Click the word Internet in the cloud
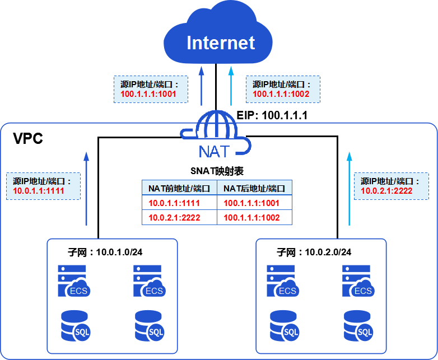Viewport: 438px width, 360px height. coord(221,43)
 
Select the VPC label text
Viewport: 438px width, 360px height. coord(27,139)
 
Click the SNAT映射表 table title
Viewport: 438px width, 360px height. coord(217,171)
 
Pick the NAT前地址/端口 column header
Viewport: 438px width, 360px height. coord(179,189)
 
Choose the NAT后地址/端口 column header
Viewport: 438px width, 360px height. coord(254,189)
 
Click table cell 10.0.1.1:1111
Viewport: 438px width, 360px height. coord(174,203)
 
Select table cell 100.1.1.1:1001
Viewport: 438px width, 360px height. coord(251,203)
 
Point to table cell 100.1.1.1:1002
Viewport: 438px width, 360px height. coord(251,217)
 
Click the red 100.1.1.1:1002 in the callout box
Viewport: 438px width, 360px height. coord(281,94)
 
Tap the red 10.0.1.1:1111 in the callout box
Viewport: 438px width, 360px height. coord(39,191)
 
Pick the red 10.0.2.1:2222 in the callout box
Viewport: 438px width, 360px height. coord(386,191)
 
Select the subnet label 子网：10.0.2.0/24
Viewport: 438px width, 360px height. coord(314,252)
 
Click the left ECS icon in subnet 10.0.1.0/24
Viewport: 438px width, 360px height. coord(73,281)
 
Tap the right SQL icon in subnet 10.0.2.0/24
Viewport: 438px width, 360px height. coord(359,325)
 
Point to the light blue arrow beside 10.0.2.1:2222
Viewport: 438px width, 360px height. coord(350,188)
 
